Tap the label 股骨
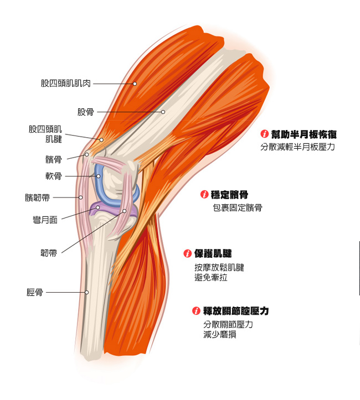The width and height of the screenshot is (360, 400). point(85,112)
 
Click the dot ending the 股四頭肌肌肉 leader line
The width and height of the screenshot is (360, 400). point(135,84)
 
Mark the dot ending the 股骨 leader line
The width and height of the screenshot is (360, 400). point(163,112)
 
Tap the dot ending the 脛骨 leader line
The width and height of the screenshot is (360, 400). point(86,292)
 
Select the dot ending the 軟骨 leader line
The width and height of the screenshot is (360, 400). point(99,176)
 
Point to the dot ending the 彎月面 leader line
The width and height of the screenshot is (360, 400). point(98,208)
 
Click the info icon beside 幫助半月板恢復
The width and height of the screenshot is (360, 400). point(265,134)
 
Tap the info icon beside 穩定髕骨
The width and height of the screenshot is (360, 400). point(204,195)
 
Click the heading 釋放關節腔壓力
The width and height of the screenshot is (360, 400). point(236,311)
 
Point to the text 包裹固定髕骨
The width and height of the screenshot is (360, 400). point(238,208)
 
